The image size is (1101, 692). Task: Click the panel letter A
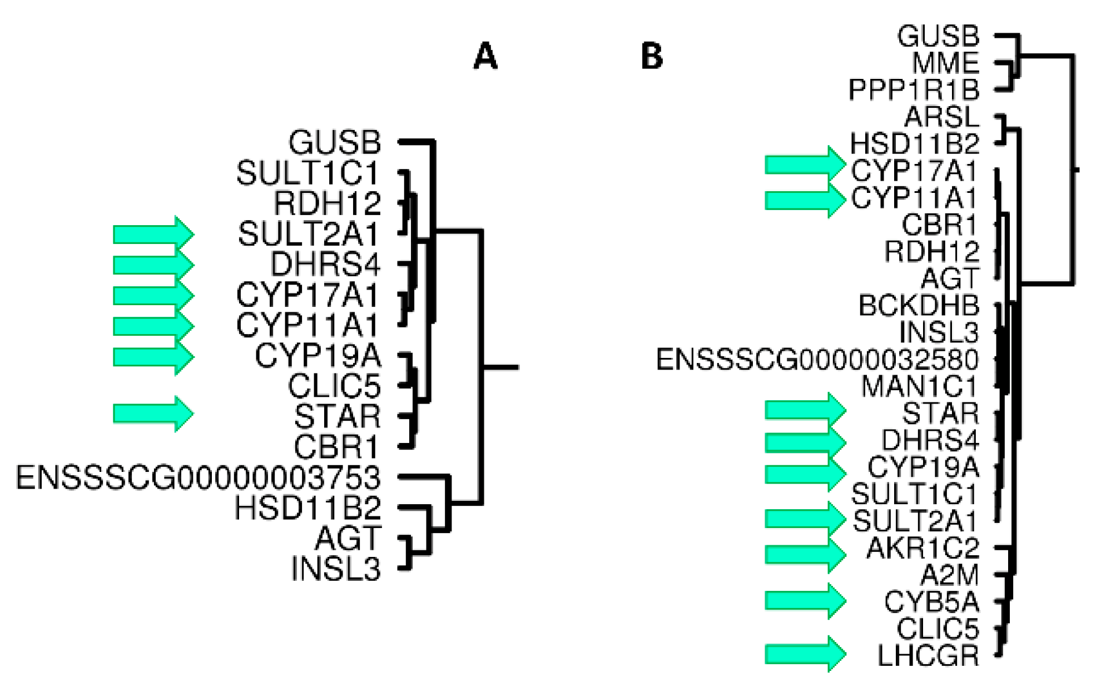tap(485, 56)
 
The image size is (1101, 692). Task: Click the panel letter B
tap(652, 56)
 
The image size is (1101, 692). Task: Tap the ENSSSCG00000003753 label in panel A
tap(198, 477)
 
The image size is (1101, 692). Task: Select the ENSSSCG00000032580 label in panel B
tap(817, 359)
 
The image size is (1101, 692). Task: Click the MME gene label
tap(945, 63)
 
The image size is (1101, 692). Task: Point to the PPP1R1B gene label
tap(914, 89)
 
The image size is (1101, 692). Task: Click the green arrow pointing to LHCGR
tap(805, 654)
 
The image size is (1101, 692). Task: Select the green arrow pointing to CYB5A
tap(805, 601)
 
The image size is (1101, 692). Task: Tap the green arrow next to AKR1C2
tap(805, 554)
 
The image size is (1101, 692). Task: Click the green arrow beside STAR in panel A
tap(153, 414)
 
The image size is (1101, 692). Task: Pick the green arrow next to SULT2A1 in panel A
tap(153, 234)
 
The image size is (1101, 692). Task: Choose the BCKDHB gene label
tap(919, 305)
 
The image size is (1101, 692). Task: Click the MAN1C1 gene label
tap(920, 386)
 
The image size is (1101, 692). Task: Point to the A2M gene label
tap(949, 575)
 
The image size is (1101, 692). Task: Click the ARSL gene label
tap(941, 117)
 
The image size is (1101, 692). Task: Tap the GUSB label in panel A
tap(335, 142)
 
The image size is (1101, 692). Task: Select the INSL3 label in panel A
tap(336, 569)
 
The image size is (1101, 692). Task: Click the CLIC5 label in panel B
tap(938, 629)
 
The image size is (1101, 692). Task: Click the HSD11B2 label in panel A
tap(308, 507)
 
